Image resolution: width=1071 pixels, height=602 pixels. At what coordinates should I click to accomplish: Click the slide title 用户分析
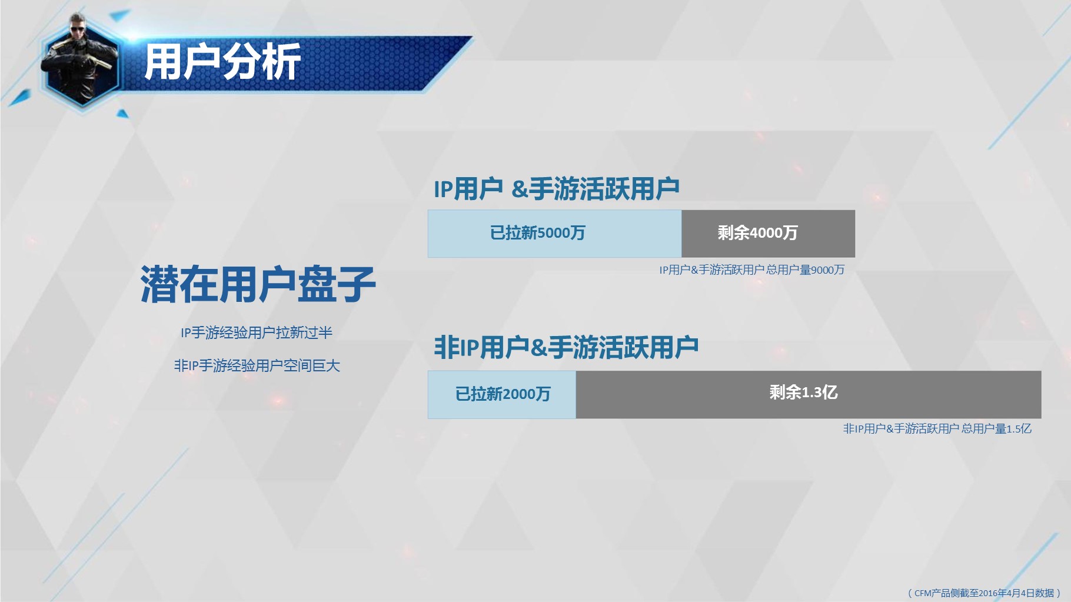pos(222,61)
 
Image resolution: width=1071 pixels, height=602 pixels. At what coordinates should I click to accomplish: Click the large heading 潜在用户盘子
pos(258,284)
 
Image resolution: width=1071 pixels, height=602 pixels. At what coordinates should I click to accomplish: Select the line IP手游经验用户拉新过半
pos(257,333)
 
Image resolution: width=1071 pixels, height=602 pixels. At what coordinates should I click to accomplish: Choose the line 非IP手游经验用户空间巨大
pos(257,366)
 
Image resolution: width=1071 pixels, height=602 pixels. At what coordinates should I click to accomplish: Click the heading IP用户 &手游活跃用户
pos(557,189)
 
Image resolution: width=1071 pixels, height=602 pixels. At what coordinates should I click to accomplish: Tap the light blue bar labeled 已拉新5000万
pos(554,234)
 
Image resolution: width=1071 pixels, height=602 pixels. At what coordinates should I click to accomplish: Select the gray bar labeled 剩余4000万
pos(768,234)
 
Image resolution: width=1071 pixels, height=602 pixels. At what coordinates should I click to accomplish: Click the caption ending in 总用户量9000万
pos(751,270)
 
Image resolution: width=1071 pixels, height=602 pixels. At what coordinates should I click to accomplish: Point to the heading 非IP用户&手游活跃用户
pos(566,347)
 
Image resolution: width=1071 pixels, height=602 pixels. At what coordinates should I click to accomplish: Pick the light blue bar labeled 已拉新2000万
pos(502,394)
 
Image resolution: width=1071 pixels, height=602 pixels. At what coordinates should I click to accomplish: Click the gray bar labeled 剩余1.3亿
pos(809,394)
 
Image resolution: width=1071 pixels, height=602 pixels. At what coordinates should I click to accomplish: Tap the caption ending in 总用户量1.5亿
pos(937,429)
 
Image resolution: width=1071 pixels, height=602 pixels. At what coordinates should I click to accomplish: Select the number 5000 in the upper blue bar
pos(553,233)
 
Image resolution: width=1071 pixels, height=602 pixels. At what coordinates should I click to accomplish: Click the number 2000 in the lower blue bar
pos(519,394)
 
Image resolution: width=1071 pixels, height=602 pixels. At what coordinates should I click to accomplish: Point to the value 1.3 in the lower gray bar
pos(811,393)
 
